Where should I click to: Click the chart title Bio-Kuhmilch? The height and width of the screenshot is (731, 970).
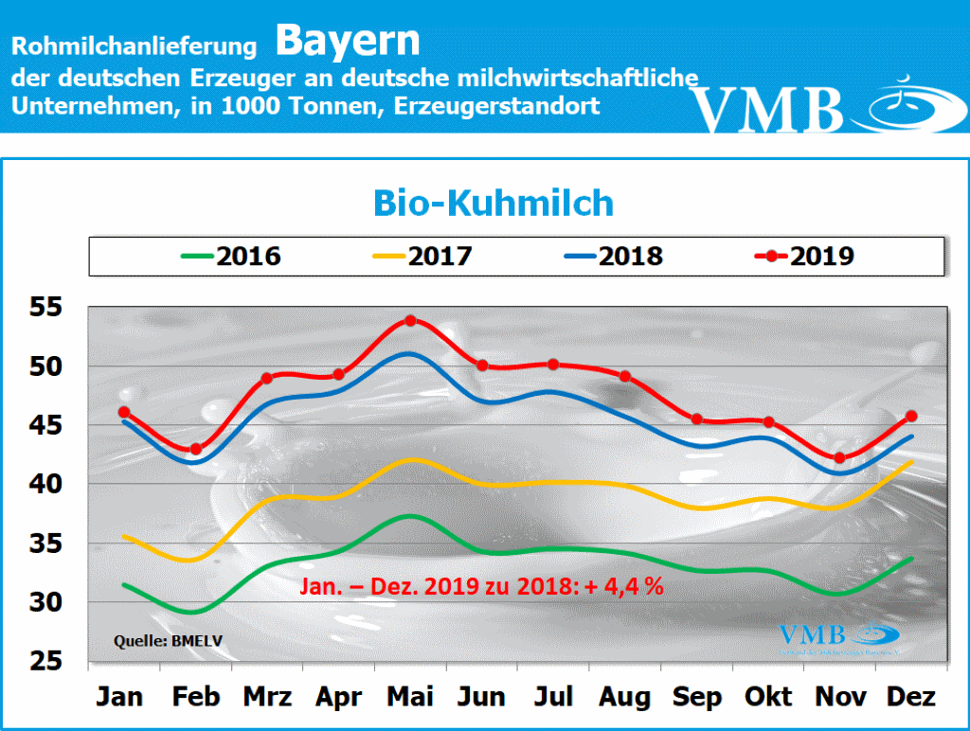tap(493, 203)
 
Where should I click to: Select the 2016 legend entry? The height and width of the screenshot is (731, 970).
tap(231, 256)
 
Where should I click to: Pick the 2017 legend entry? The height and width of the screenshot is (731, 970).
tap(423, 256)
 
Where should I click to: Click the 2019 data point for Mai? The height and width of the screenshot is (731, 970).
tap(410, 320)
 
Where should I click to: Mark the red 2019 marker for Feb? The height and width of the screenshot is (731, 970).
tap(196, 449)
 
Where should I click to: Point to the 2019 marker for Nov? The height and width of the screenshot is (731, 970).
tap(838, 458)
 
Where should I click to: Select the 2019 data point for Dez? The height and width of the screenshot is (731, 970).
tap(911, 416)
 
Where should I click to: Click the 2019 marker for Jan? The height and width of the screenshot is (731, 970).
tap(123, 412)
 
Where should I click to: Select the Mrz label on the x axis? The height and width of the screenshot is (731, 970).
tap(266, 697)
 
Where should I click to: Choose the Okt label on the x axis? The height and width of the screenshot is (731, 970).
tap(767, 697)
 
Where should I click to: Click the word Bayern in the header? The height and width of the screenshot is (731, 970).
tap(348, 41)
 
